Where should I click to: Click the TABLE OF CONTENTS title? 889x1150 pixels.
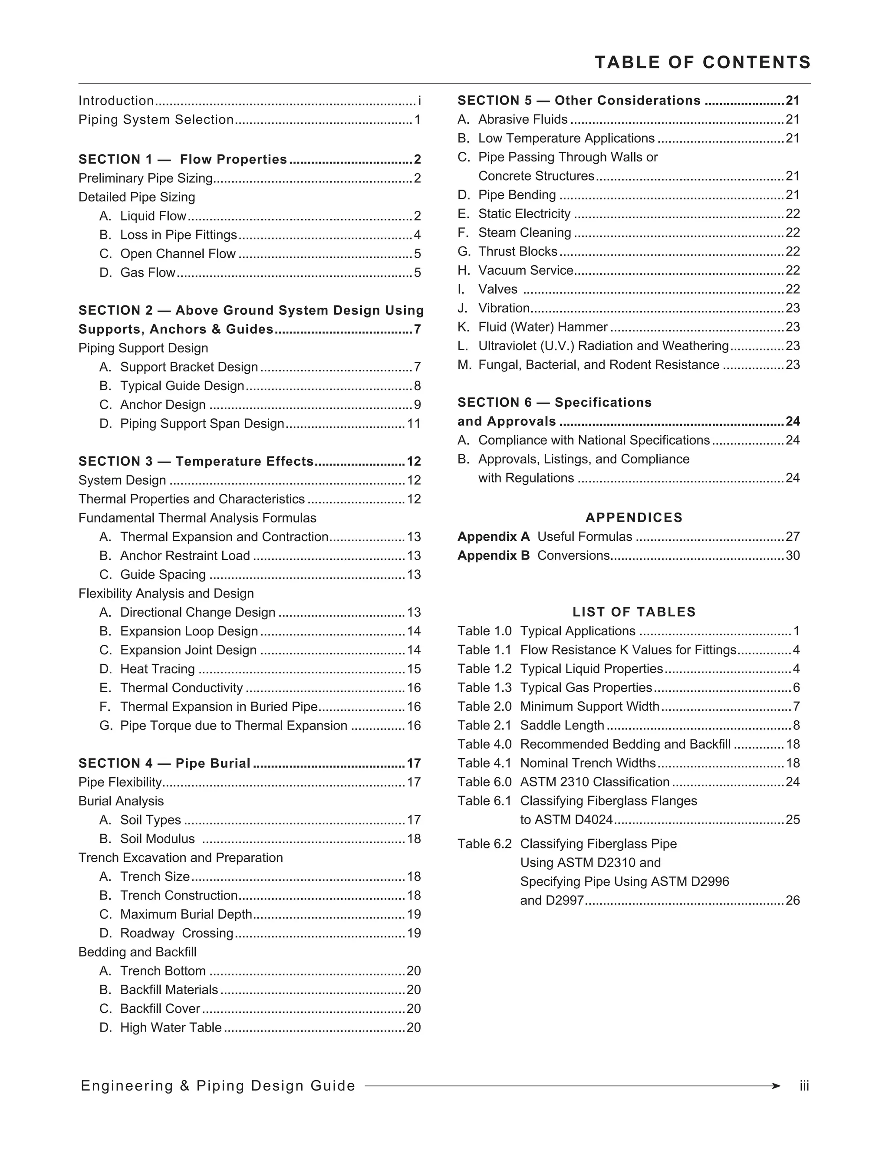[703, 62]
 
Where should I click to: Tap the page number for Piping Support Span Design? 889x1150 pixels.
[414, 424]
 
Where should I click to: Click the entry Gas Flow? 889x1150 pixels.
[148, 273]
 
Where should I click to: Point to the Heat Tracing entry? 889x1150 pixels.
[158, 669]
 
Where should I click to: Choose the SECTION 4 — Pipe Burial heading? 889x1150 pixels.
[165, 763]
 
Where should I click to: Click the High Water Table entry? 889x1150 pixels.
[171, 1028]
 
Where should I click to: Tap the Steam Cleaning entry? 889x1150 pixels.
[524, 233]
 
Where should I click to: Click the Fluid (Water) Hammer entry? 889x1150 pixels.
[543, 327]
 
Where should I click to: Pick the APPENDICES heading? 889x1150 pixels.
[634, 518]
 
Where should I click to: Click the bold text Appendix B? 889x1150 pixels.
[494, 556]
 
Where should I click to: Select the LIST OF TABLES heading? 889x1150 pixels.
[634, 612]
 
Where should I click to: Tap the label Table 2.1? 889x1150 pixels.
[484, 726]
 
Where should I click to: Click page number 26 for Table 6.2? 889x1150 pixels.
[793, 901]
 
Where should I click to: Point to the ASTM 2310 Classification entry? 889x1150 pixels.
[595, 782]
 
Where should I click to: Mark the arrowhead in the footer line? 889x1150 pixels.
[775, 1086]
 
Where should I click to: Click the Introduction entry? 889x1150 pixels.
[116, 101]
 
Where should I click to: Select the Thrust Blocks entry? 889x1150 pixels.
[518, 252]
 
